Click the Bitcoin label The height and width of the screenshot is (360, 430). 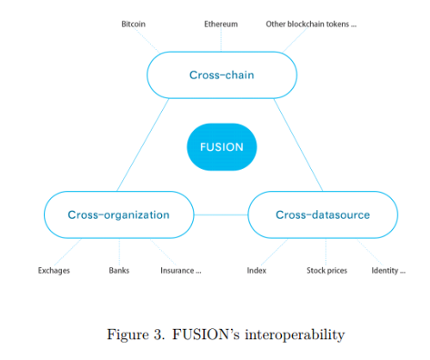pos(134,24)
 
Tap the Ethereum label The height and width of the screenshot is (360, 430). pos(221,24)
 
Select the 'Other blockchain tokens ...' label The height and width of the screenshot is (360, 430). pos(311,24)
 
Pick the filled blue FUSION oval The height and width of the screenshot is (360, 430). pos(221,147)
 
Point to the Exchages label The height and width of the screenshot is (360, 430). pos(53,270)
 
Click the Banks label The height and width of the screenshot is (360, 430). pos(119,270)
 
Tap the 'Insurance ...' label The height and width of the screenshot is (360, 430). pos(181,270)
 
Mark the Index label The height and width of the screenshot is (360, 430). pos(257,270)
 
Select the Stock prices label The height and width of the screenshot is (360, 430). pos(327,270)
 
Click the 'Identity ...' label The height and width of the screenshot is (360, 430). pos(389,270)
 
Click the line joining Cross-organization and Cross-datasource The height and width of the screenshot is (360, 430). pos(221,214)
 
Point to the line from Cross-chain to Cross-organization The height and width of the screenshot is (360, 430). pos(143,145)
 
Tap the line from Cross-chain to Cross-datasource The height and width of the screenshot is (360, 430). pos(298,145)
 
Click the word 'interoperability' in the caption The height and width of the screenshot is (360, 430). pos(295,335)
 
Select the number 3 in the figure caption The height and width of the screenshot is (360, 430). pos(159,334)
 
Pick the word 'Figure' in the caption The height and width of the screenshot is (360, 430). pos(128,335)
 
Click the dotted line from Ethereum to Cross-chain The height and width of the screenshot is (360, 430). pos(221,40)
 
